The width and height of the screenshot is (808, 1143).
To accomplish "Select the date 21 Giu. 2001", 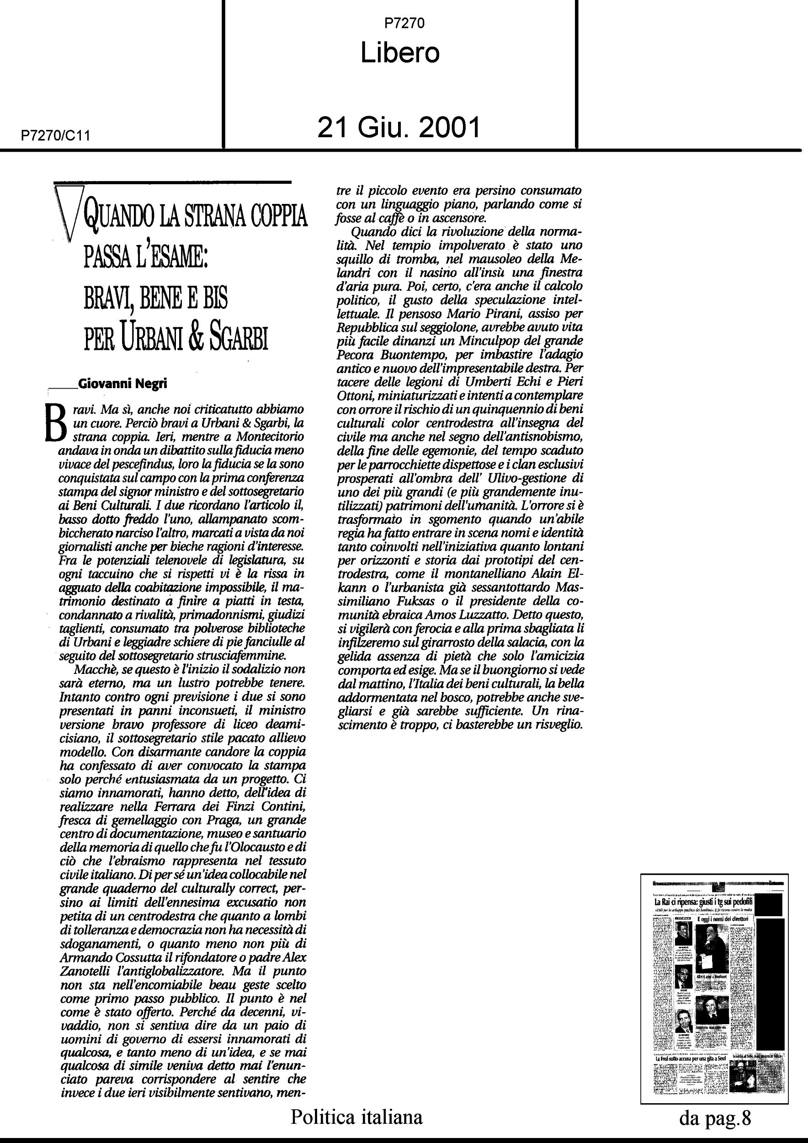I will pos(399,128).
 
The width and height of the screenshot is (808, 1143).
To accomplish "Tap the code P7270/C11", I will pos(55,136).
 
